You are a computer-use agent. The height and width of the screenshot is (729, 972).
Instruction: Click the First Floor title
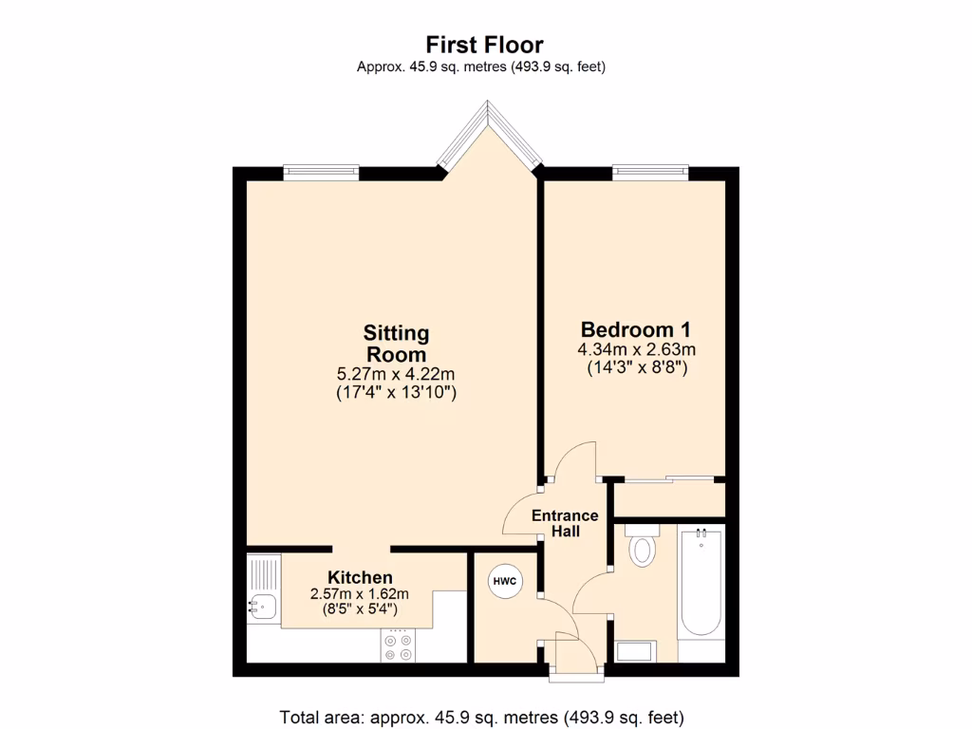[x=484, y=45]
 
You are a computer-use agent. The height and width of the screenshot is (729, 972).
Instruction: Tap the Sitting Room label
[x=396, y=344]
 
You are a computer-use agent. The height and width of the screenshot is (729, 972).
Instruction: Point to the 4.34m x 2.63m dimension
[x=635, y=350]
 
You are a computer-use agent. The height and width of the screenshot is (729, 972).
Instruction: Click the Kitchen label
[x=360, y=577]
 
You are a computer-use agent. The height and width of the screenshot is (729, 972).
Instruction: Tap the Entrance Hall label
[x=565, y=523]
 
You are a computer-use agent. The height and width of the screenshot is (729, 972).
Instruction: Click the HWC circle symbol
[x=503, y=581]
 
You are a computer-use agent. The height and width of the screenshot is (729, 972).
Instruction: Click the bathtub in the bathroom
[x=701, y=584]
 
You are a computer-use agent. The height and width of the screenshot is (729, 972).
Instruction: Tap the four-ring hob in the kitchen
[x=399, y=645]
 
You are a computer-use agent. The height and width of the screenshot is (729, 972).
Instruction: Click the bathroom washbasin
[x=635, y=651]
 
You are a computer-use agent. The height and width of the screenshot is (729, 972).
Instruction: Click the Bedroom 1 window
[x=650, y=172]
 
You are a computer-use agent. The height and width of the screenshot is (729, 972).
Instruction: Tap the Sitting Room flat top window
[x=321, y=172]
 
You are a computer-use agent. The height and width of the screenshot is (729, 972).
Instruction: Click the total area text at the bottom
[x=481, y=717]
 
